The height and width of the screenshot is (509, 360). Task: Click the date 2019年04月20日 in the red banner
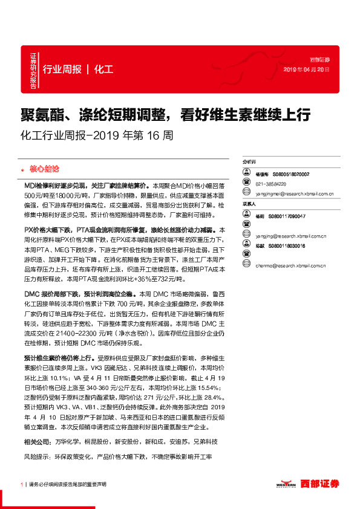pyautogui.click(x=307, y=70)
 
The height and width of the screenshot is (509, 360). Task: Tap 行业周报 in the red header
pyautogui.click(x=62, y=70)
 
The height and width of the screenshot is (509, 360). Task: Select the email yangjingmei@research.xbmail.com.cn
pyautogui.click(x=294, y=194)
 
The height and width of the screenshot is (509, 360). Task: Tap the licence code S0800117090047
pyautogui.click(x=289, y=216)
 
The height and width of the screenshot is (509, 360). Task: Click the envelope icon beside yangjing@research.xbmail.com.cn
pyautogui.click(x=246, y=235)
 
